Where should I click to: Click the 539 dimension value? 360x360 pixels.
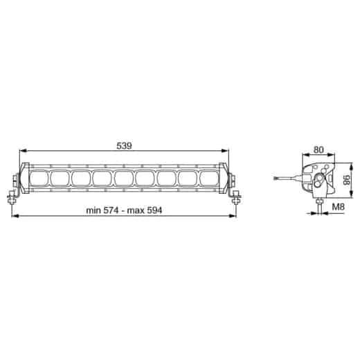124,145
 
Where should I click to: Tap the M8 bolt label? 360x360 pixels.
338,207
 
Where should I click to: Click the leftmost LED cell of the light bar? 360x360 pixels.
38,179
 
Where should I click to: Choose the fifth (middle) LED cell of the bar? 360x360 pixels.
123,179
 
